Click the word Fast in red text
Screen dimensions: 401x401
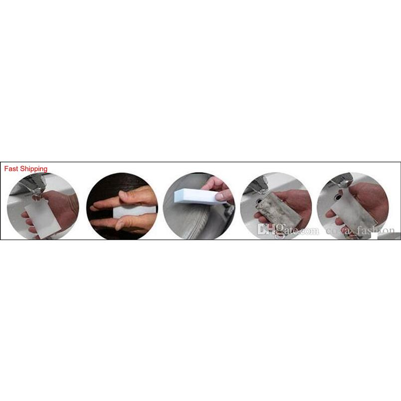[11, 169]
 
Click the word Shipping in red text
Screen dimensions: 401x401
[33, 169]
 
